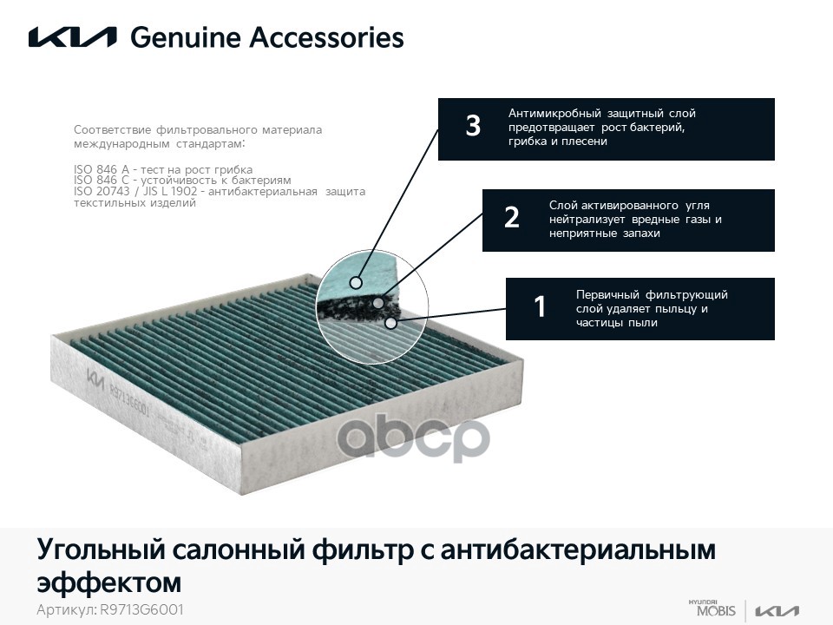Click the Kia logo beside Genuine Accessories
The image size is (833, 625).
pyautogui.click(x=72, y=37)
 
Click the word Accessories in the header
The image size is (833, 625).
pyautogui.click(x=327, y=37)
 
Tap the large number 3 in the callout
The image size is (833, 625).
pyautogui.click(x=473, y=126)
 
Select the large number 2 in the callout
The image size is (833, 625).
pyautogui.click(x=512, y=217)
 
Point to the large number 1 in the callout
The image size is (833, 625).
pyautogui.click(x=540, y=306)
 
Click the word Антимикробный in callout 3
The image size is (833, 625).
pyautogui.click(x=554, y=113)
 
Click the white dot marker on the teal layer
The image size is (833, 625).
pyautogui.click(x=356, y=282)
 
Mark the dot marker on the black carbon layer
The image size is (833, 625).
pyautogui.click(x=378, y=303)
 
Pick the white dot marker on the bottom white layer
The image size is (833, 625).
pyautogui.click(x=390, y=323)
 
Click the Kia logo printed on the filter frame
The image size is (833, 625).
pyautogui.click(x=95, y=380)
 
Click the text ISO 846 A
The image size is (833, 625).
pyautogui.click(x=102, y=169)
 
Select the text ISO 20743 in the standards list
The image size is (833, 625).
pyautogui.click(x=102, y=191)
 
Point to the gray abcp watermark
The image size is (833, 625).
pyautogui.click(x=413, y=437)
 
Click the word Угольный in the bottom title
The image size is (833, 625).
pyautogui.click(x=101, y=550)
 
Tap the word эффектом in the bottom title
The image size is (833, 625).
pyautogui.click(x=109, y=582)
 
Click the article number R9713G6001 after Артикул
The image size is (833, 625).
pyautogui.click(x=141, y=609)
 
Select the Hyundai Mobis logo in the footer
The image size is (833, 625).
pyautogui.click(x=712, y=609)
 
